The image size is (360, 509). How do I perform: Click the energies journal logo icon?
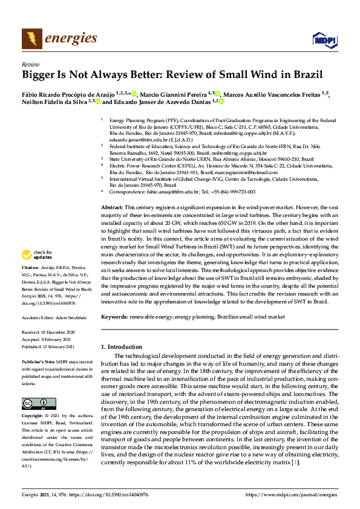(31, 39)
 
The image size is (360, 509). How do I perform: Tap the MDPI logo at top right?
(324, 40)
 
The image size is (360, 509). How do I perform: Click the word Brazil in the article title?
(307, 76)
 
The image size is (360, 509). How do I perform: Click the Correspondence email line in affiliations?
(182, 192)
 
